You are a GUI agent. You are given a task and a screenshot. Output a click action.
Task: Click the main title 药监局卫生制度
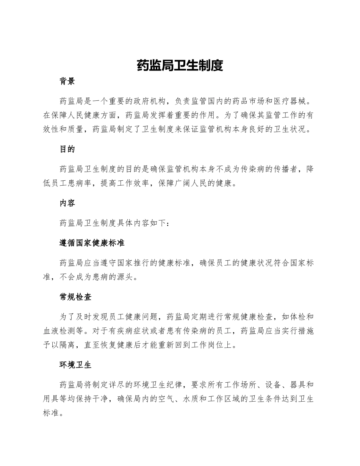click(180, 66)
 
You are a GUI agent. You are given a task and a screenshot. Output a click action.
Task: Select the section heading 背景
click(67, 81)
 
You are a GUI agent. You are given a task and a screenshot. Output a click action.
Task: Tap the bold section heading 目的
click(67, 149)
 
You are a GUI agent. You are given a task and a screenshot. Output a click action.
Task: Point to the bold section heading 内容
click(67, 203)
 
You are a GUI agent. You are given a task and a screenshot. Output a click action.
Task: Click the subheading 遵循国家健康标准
click(92, 243)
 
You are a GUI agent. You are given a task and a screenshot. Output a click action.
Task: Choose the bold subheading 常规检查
click(76, 297)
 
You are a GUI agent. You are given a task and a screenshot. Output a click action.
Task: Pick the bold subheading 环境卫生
click(76, 365)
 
